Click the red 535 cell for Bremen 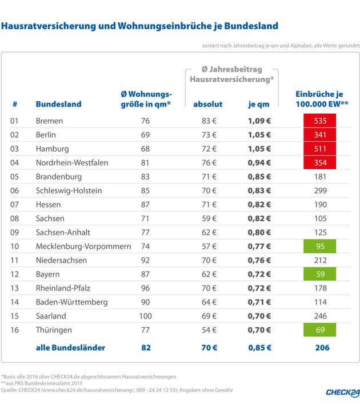319,121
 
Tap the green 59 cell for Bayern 319,274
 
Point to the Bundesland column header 58,104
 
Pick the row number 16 15,330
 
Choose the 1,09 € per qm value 258,121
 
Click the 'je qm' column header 258,104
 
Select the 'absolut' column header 208,104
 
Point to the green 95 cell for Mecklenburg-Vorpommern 319,247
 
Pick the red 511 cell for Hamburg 319,149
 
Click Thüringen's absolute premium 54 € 208,330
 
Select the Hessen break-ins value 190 319,205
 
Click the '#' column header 15,104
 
